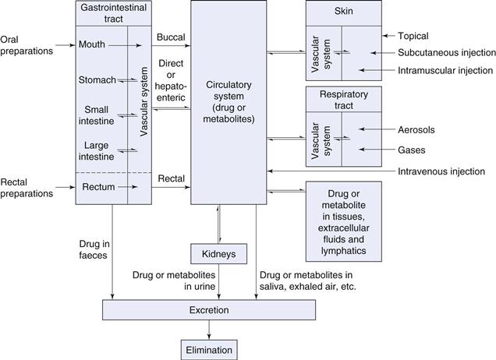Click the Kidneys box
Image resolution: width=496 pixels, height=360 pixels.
pyautogui.click(x=218, y=254)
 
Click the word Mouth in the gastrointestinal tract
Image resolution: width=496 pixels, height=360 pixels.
pyautogui.click(x=92, y=45)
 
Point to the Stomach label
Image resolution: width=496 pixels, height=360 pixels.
pyautogui.click(x=97, y=80)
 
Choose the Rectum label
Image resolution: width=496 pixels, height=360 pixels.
pyautogui.click(x=96, y=187)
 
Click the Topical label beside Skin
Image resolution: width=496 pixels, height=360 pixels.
pyautogui.click(x=413, y=36)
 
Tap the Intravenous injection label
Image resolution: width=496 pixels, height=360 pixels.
pyautogui.click(x=441, y=171)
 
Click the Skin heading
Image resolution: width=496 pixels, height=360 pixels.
pyautogui.click(x=344, y=11)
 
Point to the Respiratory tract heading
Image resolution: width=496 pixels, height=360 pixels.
pyautogui.click(x=344, y=98)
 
